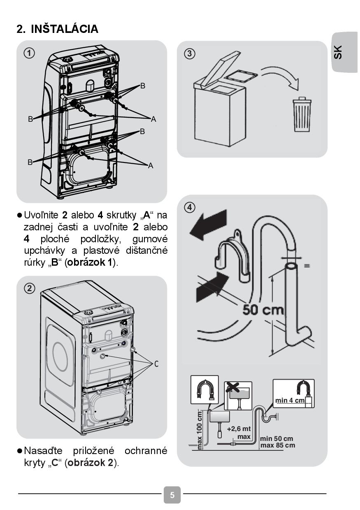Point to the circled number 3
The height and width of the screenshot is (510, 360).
tap(189, 53)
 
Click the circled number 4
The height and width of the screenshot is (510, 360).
tap(189, 207)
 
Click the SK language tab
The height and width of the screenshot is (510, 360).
tap(338, 52)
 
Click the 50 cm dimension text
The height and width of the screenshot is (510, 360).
tap(263, 309)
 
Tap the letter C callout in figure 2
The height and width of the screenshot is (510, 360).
tap(157, 364)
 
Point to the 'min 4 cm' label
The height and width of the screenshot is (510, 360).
tap(290, 400)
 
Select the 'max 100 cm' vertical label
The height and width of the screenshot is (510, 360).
tap(200, 430)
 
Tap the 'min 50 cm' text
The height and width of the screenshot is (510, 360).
tap(276, 439)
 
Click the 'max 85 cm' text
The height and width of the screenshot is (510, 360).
tap(277, 445)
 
